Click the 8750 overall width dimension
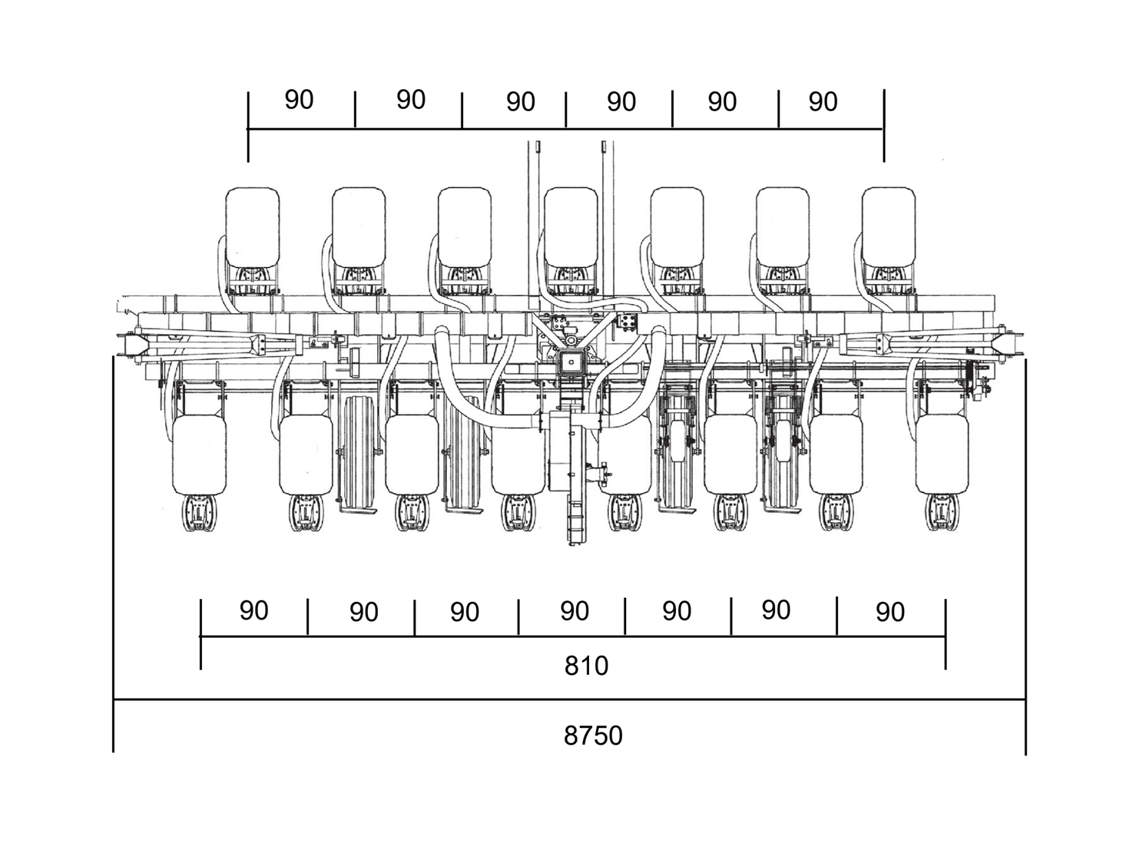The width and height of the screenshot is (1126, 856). tap(592, 735)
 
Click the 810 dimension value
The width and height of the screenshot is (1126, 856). tap(586, 666)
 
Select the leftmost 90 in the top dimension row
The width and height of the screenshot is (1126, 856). tap(299, 100)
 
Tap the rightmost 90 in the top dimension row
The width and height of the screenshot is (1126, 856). tap(823, 101)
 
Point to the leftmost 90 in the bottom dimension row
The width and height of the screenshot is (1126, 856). tap(254, 610)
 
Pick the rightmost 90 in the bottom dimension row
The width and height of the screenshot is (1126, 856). tap(890, 612)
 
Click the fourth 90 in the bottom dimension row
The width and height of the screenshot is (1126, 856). tap(575, 611)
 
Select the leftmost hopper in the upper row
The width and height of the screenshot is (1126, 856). tap(253, 227)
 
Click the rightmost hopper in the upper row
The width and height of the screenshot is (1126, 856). tap(889, 227)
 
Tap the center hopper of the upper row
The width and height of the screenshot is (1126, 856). tap(571, 227)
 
